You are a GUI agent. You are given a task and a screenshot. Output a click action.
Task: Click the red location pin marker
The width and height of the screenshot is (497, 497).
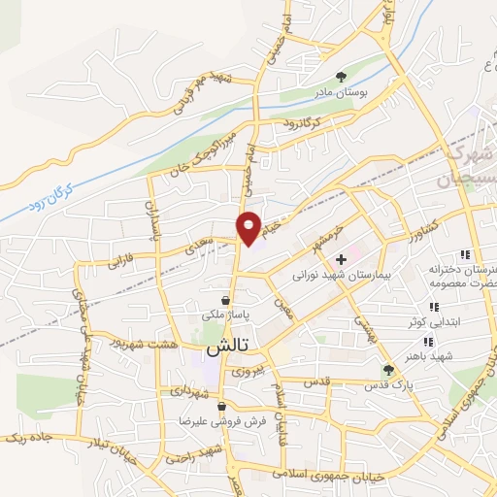[249, 227]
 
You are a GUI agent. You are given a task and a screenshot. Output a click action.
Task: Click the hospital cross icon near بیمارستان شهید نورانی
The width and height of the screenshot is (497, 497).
[341, 259]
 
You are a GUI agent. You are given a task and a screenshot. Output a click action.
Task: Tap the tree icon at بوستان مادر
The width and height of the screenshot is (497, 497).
[341, 76]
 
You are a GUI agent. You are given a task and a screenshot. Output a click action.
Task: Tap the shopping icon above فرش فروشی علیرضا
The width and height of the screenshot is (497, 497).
[222, 406]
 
